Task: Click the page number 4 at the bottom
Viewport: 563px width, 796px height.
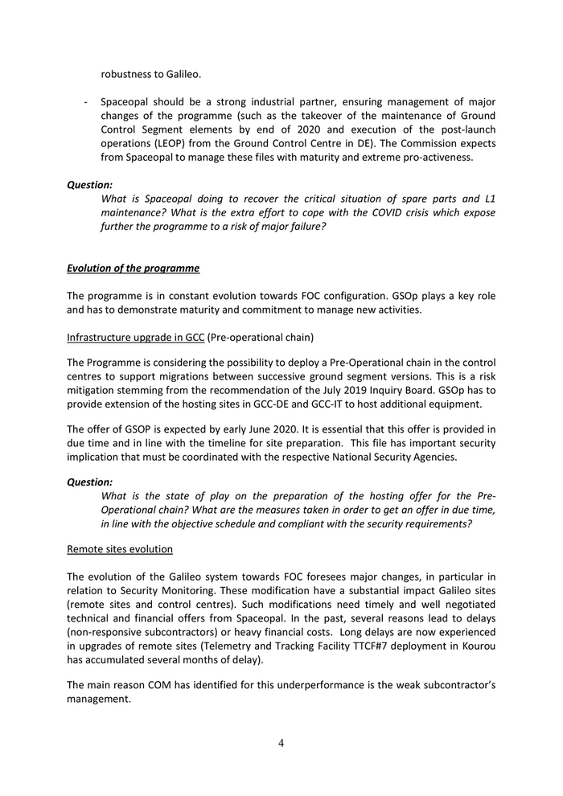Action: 281,743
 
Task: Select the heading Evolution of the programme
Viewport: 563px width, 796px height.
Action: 133,268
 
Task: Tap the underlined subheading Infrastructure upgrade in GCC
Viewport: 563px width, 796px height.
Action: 135,329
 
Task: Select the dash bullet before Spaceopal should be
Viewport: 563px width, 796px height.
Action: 85,103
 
